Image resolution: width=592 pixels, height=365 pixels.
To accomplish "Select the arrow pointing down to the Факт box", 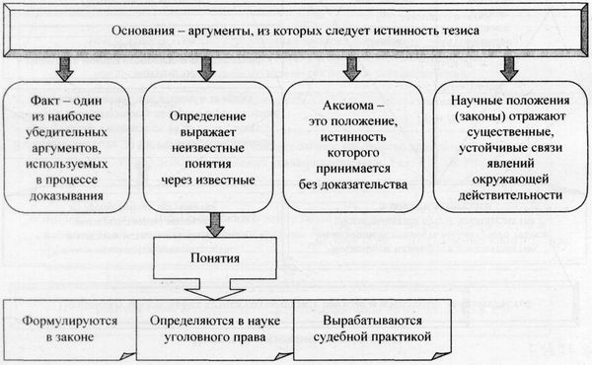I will pyautogui.click(x=65, y=68).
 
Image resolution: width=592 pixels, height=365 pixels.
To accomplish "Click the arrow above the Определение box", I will pyautogui.click(x=206, y=68).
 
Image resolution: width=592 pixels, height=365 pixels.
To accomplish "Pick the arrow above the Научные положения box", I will pyautogui.click(x=508, y=68).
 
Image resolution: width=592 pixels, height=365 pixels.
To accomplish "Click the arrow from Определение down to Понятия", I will pyautogui.click(x=206, y=227).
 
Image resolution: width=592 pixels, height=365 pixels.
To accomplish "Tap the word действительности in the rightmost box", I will pyautogui.click(x=507, y=194).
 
